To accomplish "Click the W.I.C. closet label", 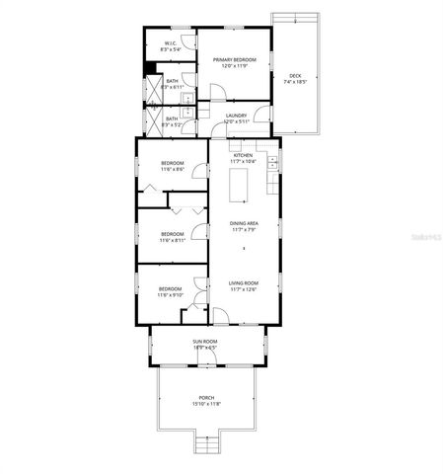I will [x=170, y=43].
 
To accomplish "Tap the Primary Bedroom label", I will [x=234, y=60].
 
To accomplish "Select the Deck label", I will [x=295, y=75].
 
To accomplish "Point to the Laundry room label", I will [x=236, y=116].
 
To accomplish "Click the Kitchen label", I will [x=243, y=155].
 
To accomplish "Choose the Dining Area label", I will [x=244, y=223].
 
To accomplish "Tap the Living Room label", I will [x=243, y=283].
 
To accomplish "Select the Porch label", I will [x=205, y=397].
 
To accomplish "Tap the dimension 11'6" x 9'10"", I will [x=171, y=294].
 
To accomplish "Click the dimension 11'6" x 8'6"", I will [x=171, y=170].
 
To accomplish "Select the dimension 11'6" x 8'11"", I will [x=171, y=240].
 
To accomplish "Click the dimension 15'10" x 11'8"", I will [x=205, y=404].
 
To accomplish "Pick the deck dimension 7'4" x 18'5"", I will [x=295, y=82].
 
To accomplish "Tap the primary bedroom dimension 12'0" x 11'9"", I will [x=234, y=67].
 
